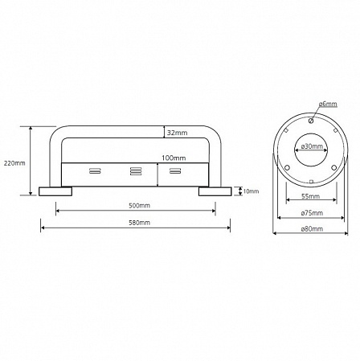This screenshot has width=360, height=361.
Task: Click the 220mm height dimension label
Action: coord(14,163)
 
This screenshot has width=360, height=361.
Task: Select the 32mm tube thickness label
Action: coord(178,133)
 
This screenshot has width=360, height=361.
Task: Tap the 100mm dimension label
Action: coord(174,158)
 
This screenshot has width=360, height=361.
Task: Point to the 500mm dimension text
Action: coord(139,206)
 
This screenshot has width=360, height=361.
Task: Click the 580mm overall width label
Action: coord(139,223)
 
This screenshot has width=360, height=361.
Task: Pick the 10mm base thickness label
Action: coord(251,191)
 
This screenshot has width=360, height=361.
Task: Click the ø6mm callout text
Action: coord(328,104)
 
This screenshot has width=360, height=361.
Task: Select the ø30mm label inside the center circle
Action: coord(312,146)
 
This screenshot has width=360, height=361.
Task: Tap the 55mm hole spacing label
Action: coord(311,196)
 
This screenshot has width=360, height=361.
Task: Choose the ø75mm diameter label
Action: coord(312,213)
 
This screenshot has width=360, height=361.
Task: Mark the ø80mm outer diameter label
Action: coord(312,229)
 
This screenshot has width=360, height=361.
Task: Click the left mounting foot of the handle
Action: coord(55,191)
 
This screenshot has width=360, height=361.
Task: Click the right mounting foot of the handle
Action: coord(215,191)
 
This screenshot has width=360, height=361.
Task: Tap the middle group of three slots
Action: coord(136,171)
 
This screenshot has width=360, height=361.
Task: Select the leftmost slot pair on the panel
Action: coord(95,170)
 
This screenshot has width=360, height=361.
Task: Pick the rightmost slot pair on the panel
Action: coord(176,170)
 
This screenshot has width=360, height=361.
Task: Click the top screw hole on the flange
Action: coord(311,121)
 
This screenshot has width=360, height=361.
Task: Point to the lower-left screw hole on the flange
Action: coord(287,168)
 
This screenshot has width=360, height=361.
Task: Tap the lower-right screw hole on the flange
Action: coord(333,168)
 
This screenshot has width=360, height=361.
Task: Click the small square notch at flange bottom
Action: coord(311,182)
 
